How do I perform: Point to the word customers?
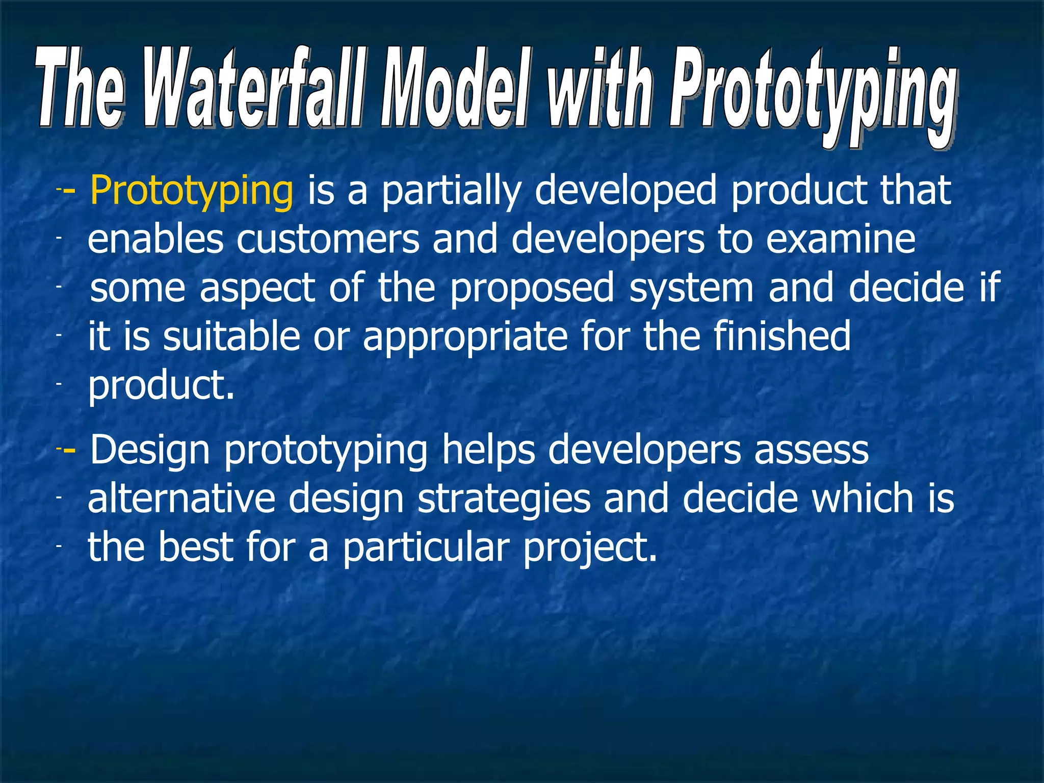(327, 240)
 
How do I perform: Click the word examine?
(841, 240)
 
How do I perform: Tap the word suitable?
(231, 336)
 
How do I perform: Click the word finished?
(782, 336)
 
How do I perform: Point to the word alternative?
(181, 499)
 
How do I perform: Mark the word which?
(863, 499)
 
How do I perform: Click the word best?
(195, 547)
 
